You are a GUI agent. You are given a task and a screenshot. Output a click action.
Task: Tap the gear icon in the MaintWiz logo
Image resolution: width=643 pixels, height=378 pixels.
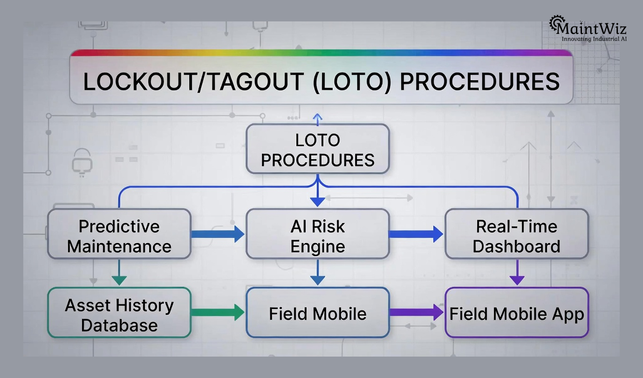coord(556,23)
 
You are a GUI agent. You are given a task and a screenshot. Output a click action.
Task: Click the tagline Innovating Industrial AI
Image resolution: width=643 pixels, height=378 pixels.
coord(594,39)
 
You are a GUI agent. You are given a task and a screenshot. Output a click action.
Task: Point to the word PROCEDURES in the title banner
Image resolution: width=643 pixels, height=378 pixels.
coord(479,82)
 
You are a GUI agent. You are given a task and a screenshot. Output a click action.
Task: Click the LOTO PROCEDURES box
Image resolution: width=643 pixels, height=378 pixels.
coord(317,149)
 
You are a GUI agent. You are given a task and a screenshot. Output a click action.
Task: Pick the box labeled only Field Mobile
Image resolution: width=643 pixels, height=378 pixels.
coord(317,313)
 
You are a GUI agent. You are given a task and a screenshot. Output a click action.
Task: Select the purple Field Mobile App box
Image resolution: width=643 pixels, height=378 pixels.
coord(517,313)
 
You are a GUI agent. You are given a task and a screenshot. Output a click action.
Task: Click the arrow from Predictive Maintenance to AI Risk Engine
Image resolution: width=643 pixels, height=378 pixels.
coord(218,234)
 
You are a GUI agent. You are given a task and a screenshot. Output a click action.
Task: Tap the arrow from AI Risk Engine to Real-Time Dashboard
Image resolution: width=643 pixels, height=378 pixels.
coord(416,234)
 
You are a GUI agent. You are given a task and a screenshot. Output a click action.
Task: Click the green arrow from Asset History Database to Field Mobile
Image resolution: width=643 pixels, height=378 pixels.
coord(218,312)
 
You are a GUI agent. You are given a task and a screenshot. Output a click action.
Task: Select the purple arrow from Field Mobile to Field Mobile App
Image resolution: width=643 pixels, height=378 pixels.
coord(416,312)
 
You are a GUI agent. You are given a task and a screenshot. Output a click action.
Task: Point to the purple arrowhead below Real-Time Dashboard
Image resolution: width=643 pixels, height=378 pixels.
coord(517,280)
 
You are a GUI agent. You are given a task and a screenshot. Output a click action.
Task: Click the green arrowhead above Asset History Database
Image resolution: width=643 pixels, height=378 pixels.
coord(119,280)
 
